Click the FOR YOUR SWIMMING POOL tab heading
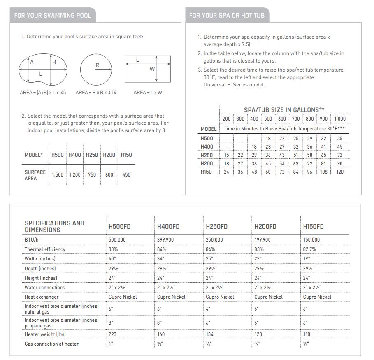[x=52, y=15]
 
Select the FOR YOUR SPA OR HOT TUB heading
[x=227, y=15]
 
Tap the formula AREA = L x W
[x=148, y=93]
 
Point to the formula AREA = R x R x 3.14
[x=96, y=93]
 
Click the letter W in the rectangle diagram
[x=152, y=69]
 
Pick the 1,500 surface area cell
[x=58, y=175]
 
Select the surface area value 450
[x=126, y=175]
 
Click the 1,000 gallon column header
[x=340, y=119]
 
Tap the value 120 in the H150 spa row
[x=340, y=172]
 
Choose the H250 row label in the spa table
[x=207, y=155]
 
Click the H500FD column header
[x=120, y=226]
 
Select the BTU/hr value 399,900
[x=166, y=239]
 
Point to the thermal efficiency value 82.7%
[x=311, y=249]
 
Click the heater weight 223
[x=113, y=334]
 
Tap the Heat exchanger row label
[x=42, y=297]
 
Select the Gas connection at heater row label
[x=51, y=344]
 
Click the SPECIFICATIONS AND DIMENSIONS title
[x=54, y=226]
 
